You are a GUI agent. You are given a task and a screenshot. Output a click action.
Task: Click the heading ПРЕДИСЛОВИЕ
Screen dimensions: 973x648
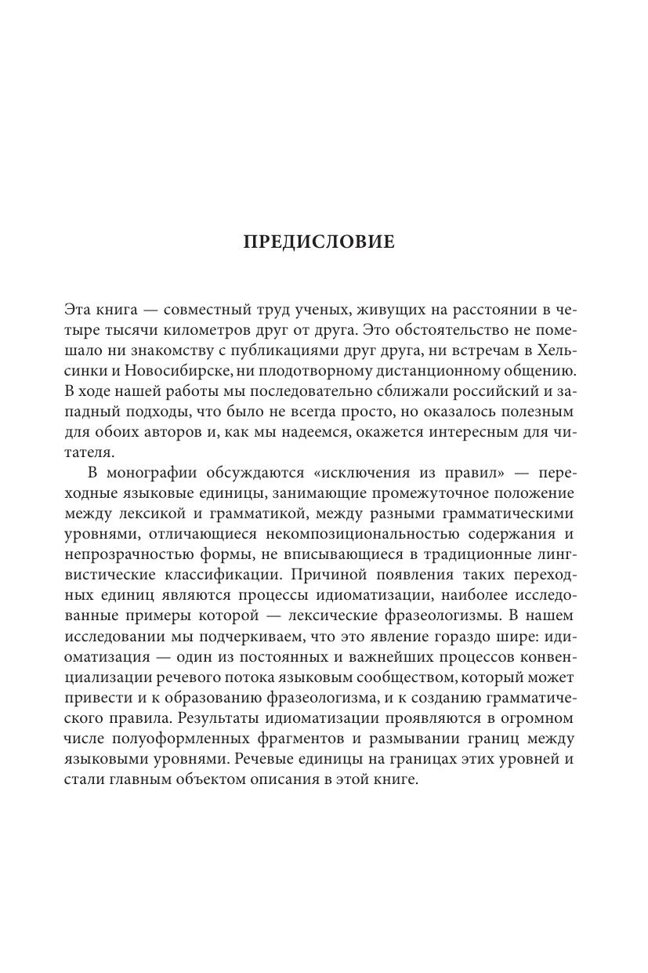pyautogui.click(x=320, y=241)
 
